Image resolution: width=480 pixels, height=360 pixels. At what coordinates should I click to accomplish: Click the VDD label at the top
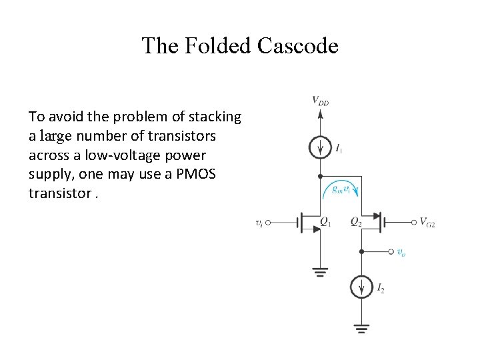[x=321, y=101]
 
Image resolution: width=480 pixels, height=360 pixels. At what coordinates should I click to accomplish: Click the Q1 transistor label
[x=326, y=222]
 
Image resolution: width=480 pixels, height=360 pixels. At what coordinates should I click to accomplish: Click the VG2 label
[x=427, y=222]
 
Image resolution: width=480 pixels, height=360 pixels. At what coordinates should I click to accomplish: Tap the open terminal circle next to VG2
[x=413, y=222]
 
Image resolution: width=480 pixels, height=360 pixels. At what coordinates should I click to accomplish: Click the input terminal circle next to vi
[x=269, y=223]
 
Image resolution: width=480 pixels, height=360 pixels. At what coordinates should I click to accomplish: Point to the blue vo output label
[x=401, y=252]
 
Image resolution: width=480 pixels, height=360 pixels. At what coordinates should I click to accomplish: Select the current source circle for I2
[x=361, y=287]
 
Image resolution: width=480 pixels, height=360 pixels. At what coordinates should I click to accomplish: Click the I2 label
[x=381, y=288]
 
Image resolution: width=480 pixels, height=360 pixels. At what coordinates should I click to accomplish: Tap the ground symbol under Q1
[x=321, y=271]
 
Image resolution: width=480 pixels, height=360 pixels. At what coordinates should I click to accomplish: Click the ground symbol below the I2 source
[x=361, y=328]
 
